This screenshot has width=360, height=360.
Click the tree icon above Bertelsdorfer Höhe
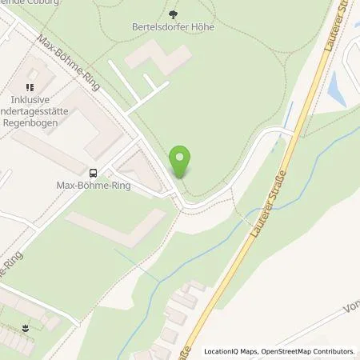coord(174,13)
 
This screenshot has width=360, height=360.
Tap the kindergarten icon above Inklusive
coord(30,86)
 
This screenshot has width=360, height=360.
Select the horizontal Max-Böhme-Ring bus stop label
coord(95,186)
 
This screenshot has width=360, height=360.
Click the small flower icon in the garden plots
coord(27,328)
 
